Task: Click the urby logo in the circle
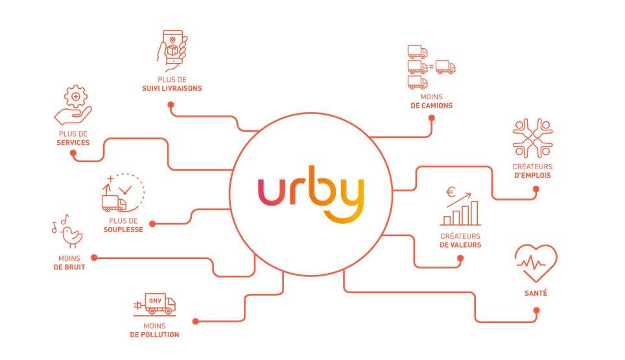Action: (x=311, y=194)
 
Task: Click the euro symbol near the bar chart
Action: (x=451, y=193)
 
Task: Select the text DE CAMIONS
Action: (x=431, y=106)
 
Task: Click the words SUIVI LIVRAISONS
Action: (x=172, y=88)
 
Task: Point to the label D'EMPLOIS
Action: (x=532, y=175)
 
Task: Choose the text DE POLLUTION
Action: (x=154, y=335)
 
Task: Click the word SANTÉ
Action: (x=536, y=293)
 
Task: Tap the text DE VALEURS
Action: (x=460, y=245)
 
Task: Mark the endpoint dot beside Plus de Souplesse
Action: (x=152, y=224)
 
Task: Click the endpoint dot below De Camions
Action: (x=431, y=118)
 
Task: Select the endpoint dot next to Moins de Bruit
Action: (x=94, y=258)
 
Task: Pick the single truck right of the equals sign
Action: (x=445, y=67)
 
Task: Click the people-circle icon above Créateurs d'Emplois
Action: (x=532, y=138)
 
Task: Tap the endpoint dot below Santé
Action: (x=537, y=310)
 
